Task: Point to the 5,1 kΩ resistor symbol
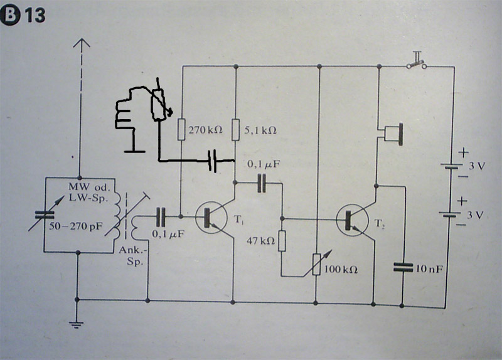coord(235,130)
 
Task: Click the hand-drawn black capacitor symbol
coord(215,162)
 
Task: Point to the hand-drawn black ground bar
coord(132,151)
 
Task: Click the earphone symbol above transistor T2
coord(392,132)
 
